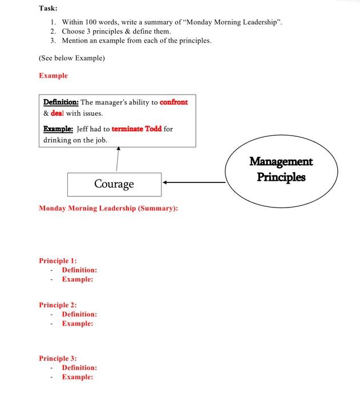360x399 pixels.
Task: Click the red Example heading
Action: [x=53, y=76]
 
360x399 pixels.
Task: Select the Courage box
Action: [x=114, y=184]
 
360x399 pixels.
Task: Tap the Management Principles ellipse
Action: [x=281, y=169]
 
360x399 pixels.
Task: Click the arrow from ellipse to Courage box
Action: [x=194, y=183]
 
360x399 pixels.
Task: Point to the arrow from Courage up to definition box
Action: [x=118, y=159]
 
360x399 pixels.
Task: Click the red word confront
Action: [x=173, y=103]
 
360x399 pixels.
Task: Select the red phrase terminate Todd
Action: [x=136, y=129]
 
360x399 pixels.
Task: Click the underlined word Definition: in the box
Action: [x=61, y=103]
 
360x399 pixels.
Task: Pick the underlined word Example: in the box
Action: [x=58, y=129]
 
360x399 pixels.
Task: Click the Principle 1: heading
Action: [x=58, y=260]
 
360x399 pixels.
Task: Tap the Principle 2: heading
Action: [x=58, y=305]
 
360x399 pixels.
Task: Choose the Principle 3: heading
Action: [x=58, y=359]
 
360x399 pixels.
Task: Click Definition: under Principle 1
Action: [x=79, y=270]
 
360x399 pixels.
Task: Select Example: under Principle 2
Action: [x=78, y=324]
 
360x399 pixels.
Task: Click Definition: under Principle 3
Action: [x=79, y=368]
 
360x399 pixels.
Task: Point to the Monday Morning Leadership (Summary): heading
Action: [x=108, y=209]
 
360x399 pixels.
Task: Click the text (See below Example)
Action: [x=72, y=58]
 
